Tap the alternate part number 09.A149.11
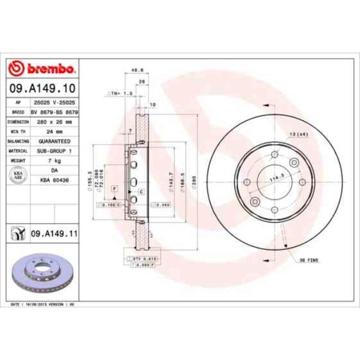[x=54, y=234]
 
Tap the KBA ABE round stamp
[x=18, y=174]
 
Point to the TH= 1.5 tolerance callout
[x=120, y=94]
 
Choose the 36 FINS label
[x=309, y=260]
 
